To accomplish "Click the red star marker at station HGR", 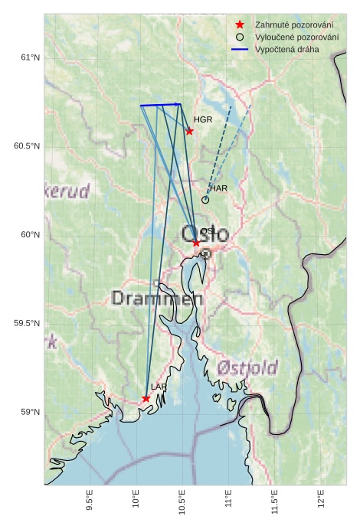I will click(x=189, y=131).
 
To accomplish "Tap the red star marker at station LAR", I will click(x=146, y=398).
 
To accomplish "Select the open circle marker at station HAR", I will click(x=205, y=200).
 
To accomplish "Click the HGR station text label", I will click(x=203, y=120).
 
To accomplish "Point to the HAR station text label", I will click(x=218, y=188).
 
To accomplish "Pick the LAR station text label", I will click(x=159, y=387).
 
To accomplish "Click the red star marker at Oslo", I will click(x=196, y=243).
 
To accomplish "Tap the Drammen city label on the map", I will click(x=156, y=298).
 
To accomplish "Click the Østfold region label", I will click(x=247, y=367).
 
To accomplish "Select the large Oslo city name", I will click(x=205, y=234).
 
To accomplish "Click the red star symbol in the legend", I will click(x=240, y=25).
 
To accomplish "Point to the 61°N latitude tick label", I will click(x=28, y=57).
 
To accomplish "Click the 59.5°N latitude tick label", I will click(x=25, y=324).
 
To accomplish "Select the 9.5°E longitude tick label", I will click(x=90, y=503).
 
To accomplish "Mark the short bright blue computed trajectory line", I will click(x=160, y=105).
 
